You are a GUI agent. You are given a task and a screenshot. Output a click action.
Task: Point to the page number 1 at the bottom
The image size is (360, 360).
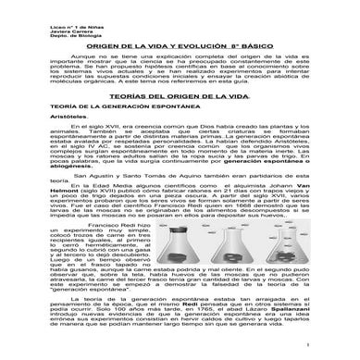point(324,355)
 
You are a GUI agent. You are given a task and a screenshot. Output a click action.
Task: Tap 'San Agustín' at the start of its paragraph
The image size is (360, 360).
point(84,200)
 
